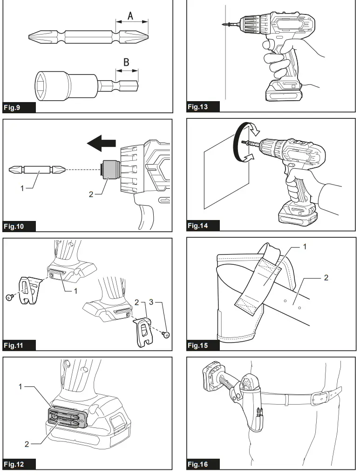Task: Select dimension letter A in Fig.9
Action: tap(131, 15)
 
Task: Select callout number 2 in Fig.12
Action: tap(27, 444)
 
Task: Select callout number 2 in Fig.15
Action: tap(326, 278)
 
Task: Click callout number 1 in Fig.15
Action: tap(305, 247)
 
